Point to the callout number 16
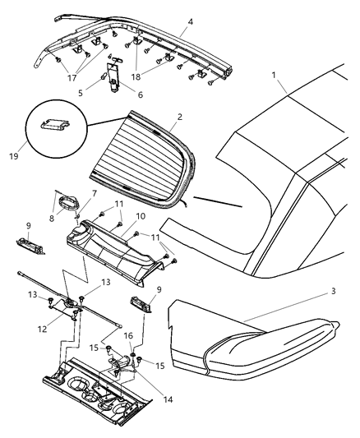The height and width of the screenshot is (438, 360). pyautogui.click(x=128, y=336)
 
